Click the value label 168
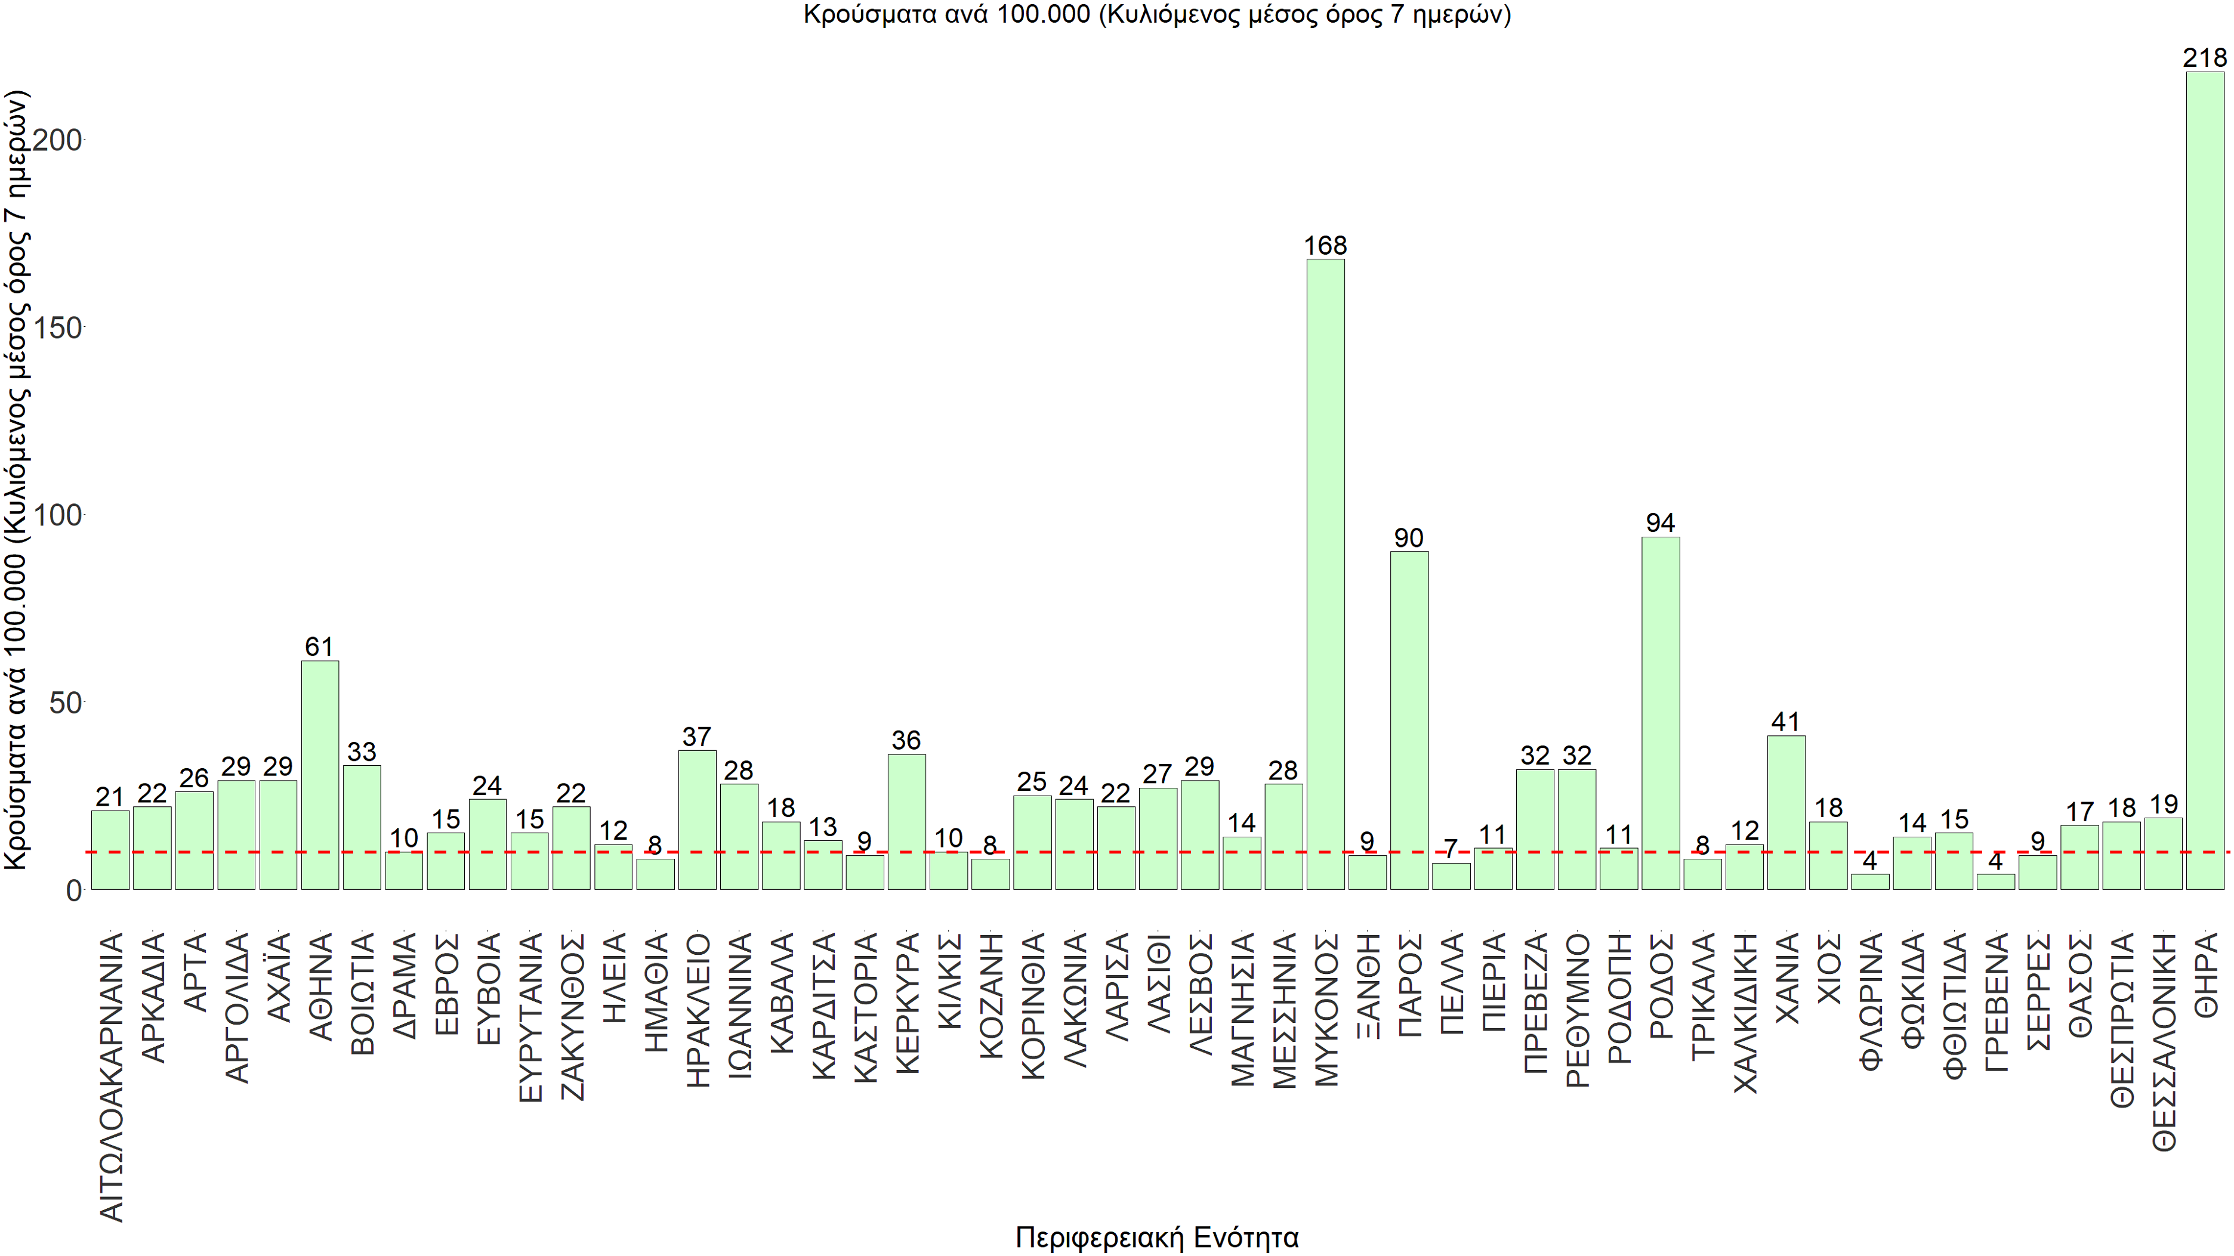point(1325,246)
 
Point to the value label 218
point(2205,58)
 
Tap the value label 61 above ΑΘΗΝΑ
point(319,646)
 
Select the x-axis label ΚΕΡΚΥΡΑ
point(906,1004)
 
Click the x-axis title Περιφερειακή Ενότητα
point(1157,1237)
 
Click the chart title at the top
point(1157,15)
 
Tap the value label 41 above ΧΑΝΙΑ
point(1786,722)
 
